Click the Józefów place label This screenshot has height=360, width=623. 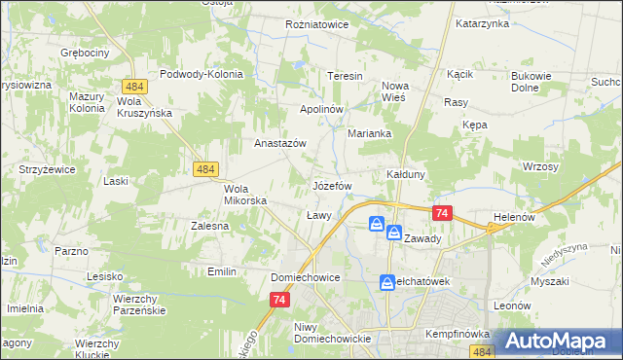coord(331,185)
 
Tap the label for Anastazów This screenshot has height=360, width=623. coord(280,143)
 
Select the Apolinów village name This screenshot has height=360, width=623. coord(321,109)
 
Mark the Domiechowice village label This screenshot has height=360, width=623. coord(305,277)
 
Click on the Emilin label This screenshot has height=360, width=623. coord(222,271)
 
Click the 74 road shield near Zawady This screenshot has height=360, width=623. coord(442,213)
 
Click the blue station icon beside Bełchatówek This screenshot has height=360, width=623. coord(386,282)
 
